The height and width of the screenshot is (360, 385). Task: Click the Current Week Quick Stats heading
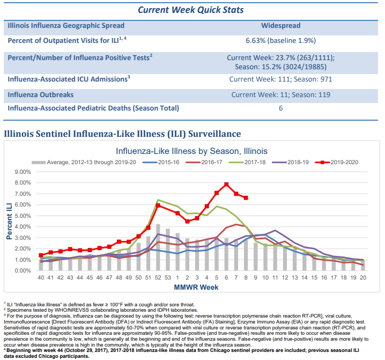tap(190, 10)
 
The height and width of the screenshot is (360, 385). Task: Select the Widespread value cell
tap(280, 26)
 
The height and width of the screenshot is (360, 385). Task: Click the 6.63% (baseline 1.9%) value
tap(280, 41)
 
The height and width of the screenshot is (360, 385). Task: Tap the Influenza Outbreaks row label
tap(41, 95)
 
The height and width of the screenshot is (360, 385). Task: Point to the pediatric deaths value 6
tap(280, 108)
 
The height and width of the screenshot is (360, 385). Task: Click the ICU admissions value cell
tap(280, 79)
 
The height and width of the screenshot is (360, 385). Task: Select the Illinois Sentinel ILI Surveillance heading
tap(122, 134)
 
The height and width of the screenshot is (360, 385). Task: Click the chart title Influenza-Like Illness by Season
tap(191, 151)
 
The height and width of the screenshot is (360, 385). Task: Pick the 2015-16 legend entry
tap(161, 163)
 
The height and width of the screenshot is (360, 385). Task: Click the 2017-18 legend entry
tap(247, 163)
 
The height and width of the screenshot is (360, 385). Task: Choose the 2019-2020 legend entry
tap(336, 163)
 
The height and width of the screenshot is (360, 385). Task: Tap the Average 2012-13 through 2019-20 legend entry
tap(84, 163)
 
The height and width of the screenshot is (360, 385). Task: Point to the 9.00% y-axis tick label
tap(23, 172)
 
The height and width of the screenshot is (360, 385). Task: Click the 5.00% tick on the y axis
tap(23, 216)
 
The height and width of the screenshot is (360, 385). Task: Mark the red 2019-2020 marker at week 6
tap(226, 185)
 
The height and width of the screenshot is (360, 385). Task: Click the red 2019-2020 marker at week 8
tap(246, 198)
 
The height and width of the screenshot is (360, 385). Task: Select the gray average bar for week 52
tap(158, 247)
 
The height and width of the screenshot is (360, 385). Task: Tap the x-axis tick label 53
tap(168, 278)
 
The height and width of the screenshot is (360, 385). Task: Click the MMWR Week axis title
tap(196, 287)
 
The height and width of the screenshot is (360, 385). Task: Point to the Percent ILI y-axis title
tap(9, 221)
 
